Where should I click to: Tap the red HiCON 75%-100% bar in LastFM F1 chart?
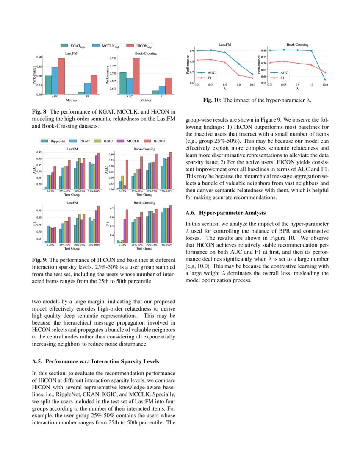point(99,225)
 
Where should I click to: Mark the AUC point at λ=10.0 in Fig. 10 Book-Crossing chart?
point(325,80)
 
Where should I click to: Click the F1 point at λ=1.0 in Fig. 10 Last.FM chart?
point(238,75)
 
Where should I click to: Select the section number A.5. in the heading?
point(38,361)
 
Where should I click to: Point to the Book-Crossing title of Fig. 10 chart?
point(297,44)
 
